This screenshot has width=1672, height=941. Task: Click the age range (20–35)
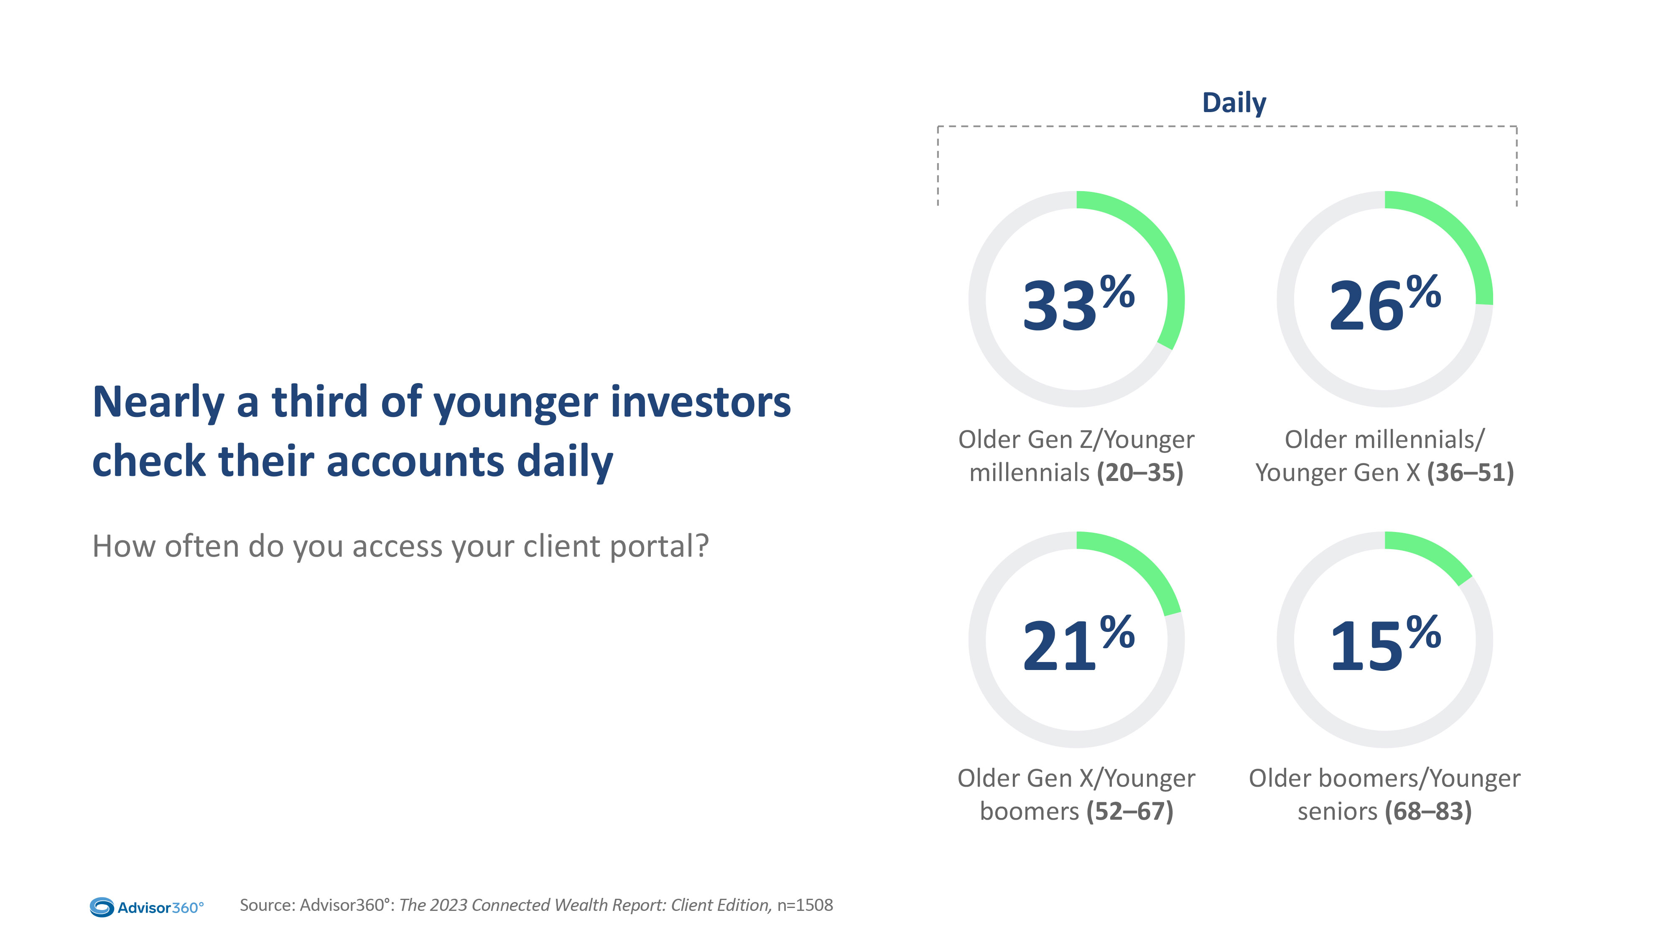click(1140, 473)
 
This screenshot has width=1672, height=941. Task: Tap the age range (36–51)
click(1470, 473)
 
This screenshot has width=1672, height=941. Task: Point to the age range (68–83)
click(1428, 812)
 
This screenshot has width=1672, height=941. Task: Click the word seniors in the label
click(1337, 812)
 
